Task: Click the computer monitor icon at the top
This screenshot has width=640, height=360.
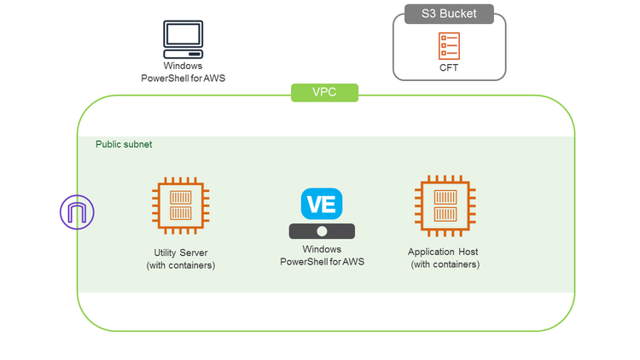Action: (183, 38)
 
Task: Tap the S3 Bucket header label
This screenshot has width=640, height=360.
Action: (448, 14)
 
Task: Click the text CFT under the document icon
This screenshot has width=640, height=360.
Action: (449, 67)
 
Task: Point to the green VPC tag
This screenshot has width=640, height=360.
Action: (324, 92)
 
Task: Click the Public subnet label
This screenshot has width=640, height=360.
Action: (124, 145)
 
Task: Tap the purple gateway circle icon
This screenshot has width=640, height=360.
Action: (78, 212)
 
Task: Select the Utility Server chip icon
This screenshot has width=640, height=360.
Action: (180, 206)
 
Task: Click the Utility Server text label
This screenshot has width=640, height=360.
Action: (180, 253)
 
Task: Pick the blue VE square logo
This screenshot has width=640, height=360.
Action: (322, 204)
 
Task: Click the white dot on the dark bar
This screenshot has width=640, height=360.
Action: (322, 231)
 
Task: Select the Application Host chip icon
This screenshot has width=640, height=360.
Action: (445, 206)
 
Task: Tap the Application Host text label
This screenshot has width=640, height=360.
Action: (445, 252)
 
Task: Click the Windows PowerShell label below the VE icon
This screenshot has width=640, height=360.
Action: (322, 255)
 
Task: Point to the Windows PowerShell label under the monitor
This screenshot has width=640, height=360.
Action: (183, 72)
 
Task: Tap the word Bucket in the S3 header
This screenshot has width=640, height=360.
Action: (458, 14)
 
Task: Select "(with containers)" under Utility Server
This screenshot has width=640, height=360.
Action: (180, 265)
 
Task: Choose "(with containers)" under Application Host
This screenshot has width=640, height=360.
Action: (445, 264)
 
